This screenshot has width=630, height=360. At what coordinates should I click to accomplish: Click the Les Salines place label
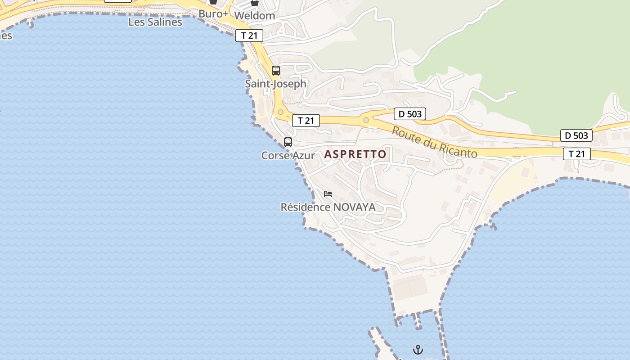[155, 22]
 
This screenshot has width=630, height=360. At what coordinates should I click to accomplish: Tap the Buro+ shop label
[213, 13]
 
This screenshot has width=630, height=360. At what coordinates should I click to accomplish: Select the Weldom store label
[255, 15]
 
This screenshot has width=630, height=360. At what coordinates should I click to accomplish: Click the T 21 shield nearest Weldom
[249, 36]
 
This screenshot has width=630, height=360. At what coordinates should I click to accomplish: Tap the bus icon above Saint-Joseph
[276, 71]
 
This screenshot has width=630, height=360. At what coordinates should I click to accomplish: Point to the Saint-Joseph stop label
[275, 84]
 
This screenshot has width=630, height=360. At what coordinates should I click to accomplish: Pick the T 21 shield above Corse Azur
[306, 121]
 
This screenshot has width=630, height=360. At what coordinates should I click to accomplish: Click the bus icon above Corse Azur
[288, 142]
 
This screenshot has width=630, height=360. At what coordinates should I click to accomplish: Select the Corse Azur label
[288, 156]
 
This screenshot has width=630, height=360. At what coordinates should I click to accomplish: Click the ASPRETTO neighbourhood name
[355, 154]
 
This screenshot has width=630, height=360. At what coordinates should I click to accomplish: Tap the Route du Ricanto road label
[434, 142]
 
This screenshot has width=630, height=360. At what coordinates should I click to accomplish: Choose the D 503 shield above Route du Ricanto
[409, 114]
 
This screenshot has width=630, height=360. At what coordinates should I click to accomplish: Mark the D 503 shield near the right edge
[576, 135]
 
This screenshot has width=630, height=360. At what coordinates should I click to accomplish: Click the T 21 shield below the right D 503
[576, 154]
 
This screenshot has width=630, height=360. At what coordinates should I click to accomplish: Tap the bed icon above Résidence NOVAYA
[328, 194]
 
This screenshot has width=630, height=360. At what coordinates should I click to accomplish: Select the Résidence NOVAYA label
[328, 207]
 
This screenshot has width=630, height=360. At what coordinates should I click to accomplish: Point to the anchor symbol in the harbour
[418, 349]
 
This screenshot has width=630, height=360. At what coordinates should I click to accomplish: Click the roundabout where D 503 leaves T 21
[366, 120]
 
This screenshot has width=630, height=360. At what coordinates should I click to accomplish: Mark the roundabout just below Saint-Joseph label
[281, 112]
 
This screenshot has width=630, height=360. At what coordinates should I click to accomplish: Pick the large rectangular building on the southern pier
[410, 287]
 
